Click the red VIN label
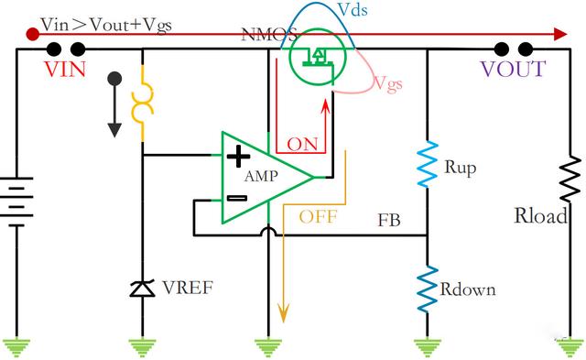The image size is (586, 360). coord(65,69)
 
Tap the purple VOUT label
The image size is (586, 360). coord(513,69)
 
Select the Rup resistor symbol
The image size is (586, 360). coord(428,164)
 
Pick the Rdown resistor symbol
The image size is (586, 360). coord(428,289)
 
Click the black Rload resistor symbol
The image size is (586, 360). coord(570,179)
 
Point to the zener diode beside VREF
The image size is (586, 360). coord(142,289)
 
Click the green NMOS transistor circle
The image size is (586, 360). coord(318,57)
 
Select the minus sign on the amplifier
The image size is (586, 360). coord(237,199)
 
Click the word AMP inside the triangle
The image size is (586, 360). coord(261,176)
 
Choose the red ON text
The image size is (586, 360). coord(302,145)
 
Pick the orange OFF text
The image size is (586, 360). coord(318,216)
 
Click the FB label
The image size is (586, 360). coord(389,220)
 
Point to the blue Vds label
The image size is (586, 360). coord(352,10)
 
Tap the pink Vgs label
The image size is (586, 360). coord(388,83)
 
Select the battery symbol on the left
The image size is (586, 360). coord(16,202)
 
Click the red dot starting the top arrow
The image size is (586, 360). coord(33,35)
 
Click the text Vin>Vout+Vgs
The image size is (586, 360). coord(106,26)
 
